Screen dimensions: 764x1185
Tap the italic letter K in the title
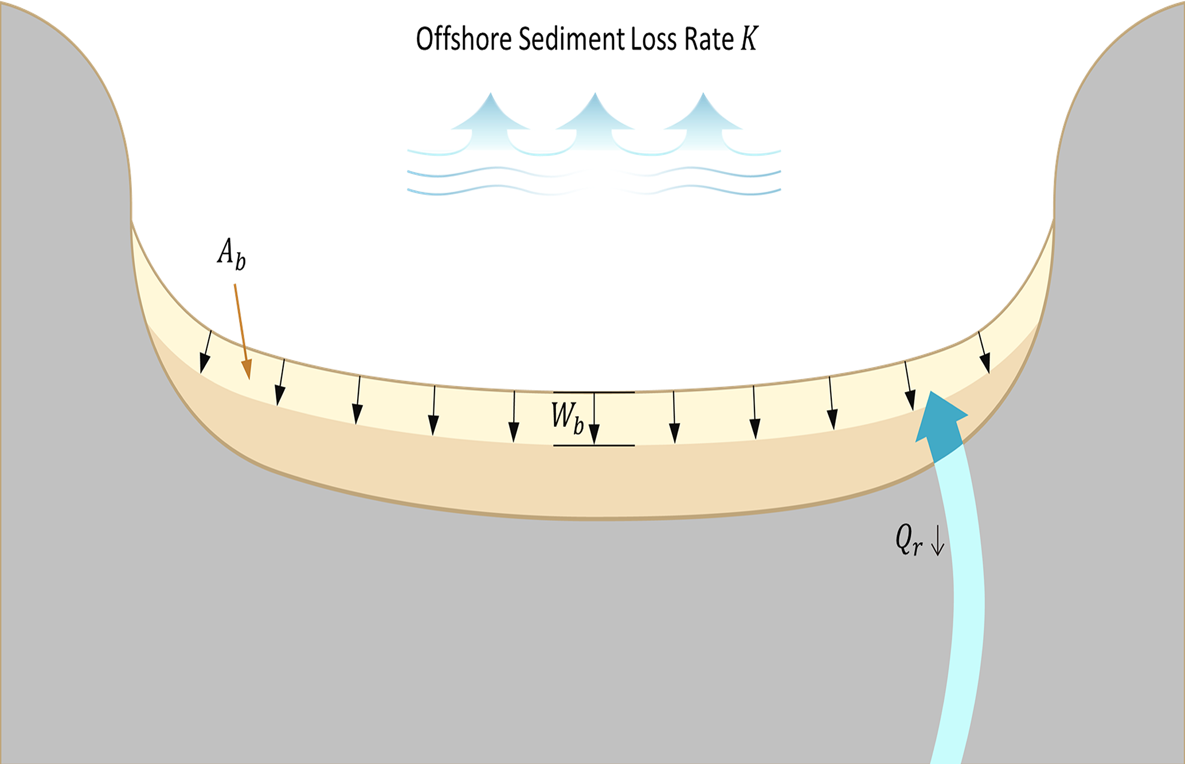(x=749, y=39)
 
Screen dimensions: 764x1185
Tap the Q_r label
(x=908, y=540)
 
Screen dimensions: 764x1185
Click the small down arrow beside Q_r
(x=937, y=541)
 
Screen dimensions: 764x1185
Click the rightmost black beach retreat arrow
(x=984, y=352)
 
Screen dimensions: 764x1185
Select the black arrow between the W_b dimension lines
(x=594, y=419)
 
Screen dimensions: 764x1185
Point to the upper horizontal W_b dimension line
(x=594, y=392)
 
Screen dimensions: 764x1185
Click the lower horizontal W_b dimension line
(x=594, y=445)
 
